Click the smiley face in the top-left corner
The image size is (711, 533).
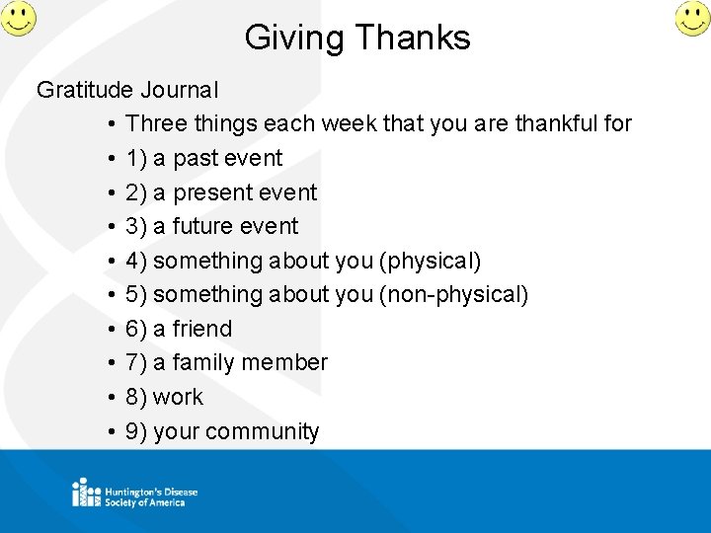pyautogui.click(x=18, y=18)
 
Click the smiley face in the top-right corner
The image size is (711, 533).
pyautogui.click(x=692, y=18)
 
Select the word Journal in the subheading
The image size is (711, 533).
pyautogui.click(x=179, y=90)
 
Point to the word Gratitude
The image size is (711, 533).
pyautogui.click(x=85, y=90)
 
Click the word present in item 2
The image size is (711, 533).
pyautogui.click(x=212, y=192)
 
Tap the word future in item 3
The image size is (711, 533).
pyautogui.click(x=204, y=226)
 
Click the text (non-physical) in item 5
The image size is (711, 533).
pyautogui.click(x=454, y=294)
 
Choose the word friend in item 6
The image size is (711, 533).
pyautogui.click(x=201, y=329)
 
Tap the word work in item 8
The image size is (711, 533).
pyautogui.click(x=178, y=397)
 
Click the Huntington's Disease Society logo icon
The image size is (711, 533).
pyautogui.click(x=85, y=493)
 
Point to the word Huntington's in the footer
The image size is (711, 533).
pyautogui.click(x=132, y=491)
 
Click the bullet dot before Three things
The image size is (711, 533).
pyautogui.click(x=114, y=124)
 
